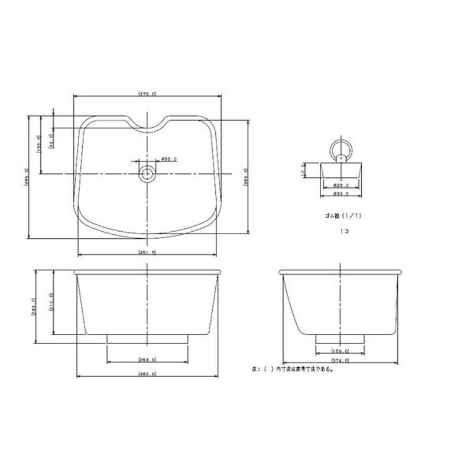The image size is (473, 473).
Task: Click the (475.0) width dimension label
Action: point(147,93)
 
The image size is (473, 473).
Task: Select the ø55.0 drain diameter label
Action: point(169,159)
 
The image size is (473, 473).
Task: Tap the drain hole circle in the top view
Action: point(147,174)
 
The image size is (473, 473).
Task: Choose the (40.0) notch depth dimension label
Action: point(51,141)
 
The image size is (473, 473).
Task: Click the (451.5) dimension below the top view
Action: point(147,252)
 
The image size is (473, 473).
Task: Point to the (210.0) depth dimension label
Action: point(51,303)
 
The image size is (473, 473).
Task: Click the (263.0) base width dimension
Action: point(147,359)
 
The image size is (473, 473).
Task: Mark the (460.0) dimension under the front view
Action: point(147,374)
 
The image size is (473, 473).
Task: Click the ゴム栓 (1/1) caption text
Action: point(341,216)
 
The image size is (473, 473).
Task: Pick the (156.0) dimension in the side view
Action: point(341,351)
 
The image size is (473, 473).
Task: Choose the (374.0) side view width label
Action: point(341,360)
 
